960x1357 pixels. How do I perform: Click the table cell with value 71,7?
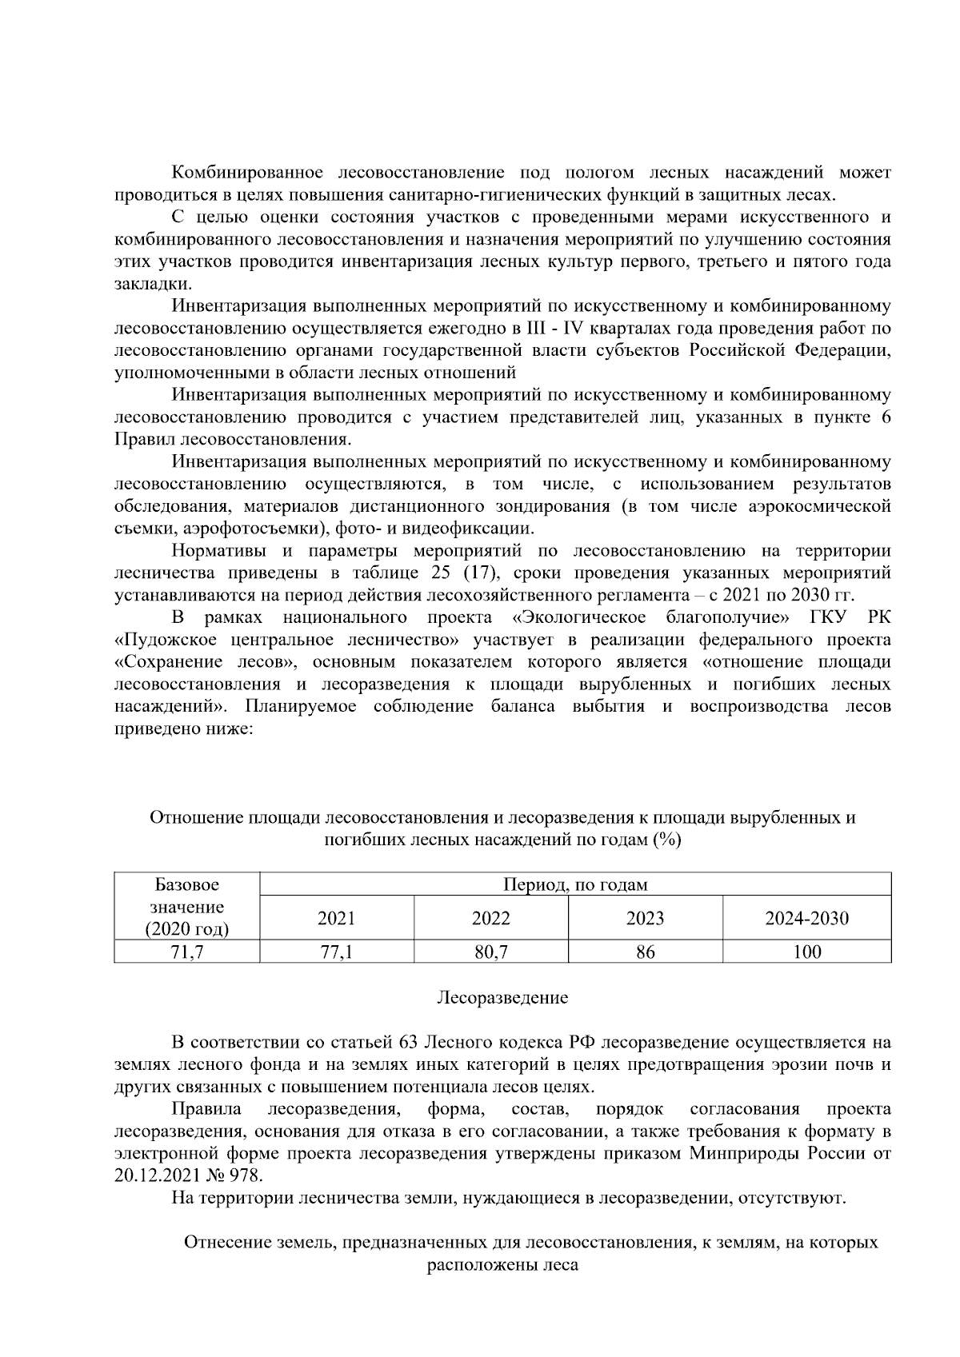tap(187, 952)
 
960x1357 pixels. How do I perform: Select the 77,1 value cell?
tap(336, 952)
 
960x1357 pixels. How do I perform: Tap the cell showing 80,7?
tap(490, 952)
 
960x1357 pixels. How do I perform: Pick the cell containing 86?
tap(645, 952)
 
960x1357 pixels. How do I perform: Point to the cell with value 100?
tap(806, 952)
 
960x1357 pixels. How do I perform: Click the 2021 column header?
tap(336, 918)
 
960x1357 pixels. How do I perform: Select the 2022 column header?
tap(490, 918)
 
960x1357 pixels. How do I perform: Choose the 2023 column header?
tap(645, 918)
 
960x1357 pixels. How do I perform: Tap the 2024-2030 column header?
tap(806, 918)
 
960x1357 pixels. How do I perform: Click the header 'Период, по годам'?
tap(574, 884)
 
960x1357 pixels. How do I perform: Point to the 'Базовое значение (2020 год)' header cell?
tap(187, 907)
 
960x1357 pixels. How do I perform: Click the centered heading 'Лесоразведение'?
tap(502, 998)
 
